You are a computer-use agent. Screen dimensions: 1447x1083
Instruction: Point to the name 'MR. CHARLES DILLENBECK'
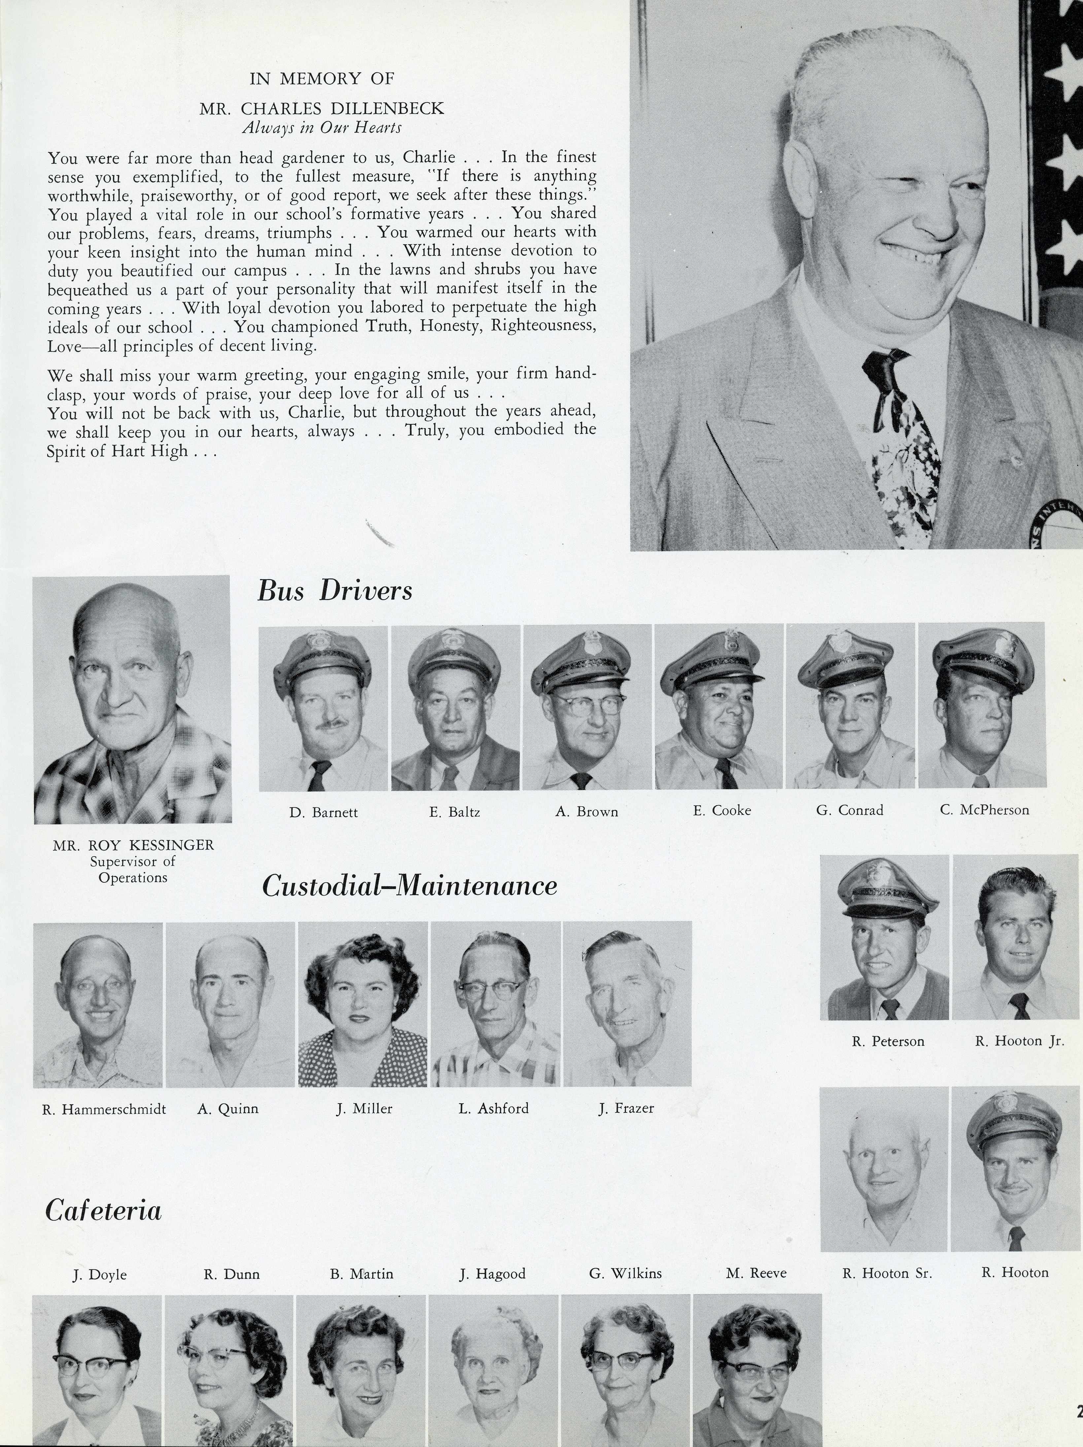[322, 109]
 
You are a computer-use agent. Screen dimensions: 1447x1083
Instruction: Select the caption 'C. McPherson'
[984, 810]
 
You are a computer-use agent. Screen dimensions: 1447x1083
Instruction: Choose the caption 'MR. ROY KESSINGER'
[133, 845]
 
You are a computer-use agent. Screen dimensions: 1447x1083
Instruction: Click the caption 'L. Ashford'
[494, 1108]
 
